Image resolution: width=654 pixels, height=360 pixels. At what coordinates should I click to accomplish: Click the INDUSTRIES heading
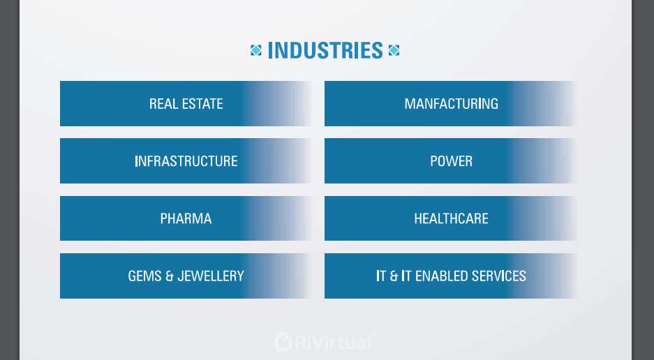[x=325, y=50]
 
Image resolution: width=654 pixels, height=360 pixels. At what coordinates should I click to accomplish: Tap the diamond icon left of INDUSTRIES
[x=255, y=50]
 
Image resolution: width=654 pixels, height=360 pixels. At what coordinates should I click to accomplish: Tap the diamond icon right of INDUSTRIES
[x=394, y=50]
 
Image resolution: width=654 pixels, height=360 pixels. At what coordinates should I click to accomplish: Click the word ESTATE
[x=202, y=104]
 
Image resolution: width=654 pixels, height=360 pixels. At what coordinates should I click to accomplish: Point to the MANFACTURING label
[x=452, y=104]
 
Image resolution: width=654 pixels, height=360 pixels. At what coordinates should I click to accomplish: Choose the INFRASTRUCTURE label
[x=186, y=161]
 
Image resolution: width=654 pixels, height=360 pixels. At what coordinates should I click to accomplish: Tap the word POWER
[x=452, y=161]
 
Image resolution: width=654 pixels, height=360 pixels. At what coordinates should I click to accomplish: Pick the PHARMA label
[x=186, y=218]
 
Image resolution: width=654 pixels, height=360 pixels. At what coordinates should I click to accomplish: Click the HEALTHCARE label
[x=452, y=218]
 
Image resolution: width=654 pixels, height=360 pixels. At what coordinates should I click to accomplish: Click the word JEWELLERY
[x=211, y=276]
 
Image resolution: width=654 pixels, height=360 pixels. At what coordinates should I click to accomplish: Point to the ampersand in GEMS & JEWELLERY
[x=170, y=276]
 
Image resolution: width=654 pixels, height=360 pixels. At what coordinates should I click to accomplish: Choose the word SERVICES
[x=499, y=276]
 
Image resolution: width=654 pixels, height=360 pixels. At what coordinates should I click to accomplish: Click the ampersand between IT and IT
[x=394, y=276]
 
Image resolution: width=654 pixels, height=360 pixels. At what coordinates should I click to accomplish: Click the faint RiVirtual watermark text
[x=333, y=343]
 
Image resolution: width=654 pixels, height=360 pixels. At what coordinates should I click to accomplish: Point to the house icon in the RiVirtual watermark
[x=283, y=342]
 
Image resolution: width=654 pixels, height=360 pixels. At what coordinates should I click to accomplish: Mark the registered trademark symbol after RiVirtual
[x=373, y=334]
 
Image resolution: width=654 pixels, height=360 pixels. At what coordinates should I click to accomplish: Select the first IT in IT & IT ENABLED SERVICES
[x=381, y=276]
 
